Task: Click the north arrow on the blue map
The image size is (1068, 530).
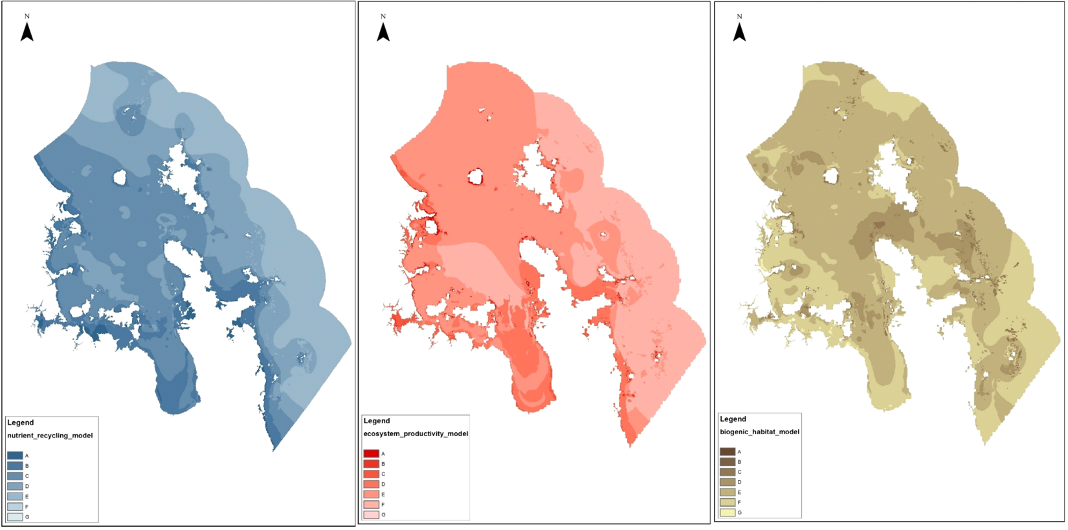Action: coord(27,31)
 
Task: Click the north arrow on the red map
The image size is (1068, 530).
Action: coord(383,31)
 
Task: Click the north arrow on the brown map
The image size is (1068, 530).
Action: coord(739,31)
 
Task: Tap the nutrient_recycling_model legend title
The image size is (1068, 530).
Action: coord(50,436)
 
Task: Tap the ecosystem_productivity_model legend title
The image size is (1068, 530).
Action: coord(416,434)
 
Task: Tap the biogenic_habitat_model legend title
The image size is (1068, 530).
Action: coord(759,432)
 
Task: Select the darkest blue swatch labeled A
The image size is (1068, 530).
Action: coord(15,456)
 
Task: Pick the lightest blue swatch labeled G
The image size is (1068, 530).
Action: coord(15,516)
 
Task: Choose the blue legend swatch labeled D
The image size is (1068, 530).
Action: coord(15,486)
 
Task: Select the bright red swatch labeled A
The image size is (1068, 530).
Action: coord(371,454)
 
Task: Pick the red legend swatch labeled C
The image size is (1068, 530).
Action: coord(371,474)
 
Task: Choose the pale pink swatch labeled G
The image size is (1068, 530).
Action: coord(371,514)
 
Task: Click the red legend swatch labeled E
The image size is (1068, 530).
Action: coord(371,494)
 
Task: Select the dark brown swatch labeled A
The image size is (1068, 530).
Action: coord(728,452)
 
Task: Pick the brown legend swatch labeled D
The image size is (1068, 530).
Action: coord(728,482)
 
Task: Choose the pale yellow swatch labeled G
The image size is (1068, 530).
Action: coord(728,513)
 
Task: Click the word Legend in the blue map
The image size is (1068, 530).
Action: coord(21,423)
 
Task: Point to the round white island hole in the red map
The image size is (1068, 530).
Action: coord(476,177)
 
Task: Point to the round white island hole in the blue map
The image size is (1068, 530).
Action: coord(119,177)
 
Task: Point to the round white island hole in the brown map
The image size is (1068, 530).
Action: coord(831,175)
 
